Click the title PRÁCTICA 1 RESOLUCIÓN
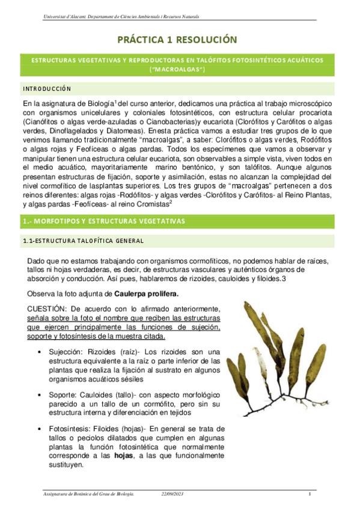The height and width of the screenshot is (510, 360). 180,40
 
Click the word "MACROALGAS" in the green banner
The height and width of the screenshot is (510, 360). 180,70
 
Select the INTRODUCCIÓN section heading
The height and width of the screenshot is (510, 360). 47,89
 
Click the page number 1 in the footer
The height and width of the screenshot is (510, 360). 309,494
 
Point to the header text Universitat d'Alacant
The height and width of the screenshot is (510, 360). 66,16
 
